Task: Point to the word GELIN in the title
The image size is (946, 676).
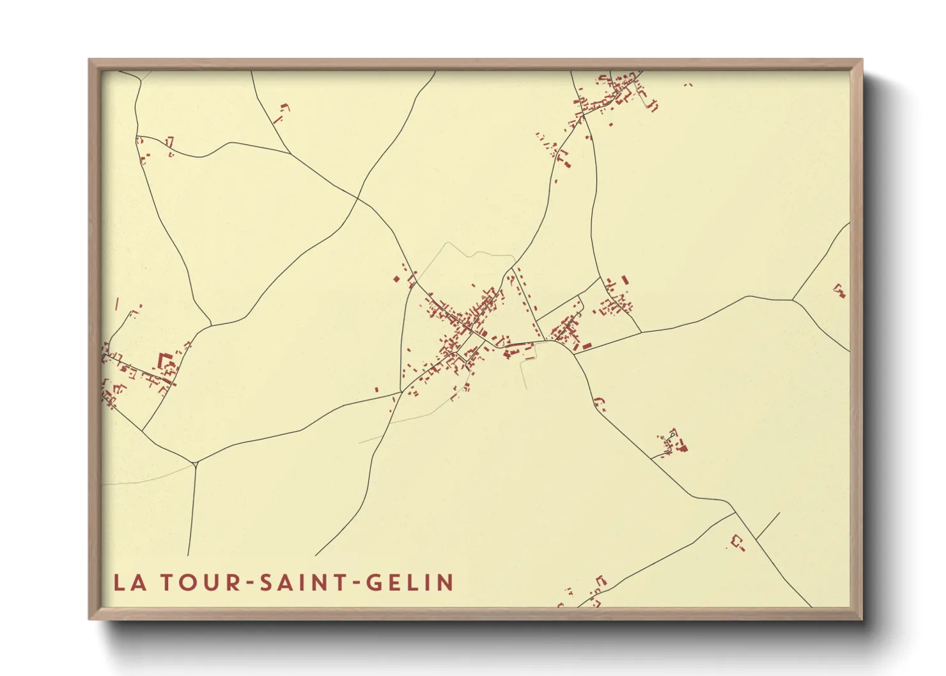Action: point(408,583)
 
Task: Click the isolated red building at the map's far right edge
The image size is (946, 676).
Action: point(839,291)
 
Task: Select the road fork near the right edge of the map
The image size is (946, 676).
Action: point(793,300)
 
